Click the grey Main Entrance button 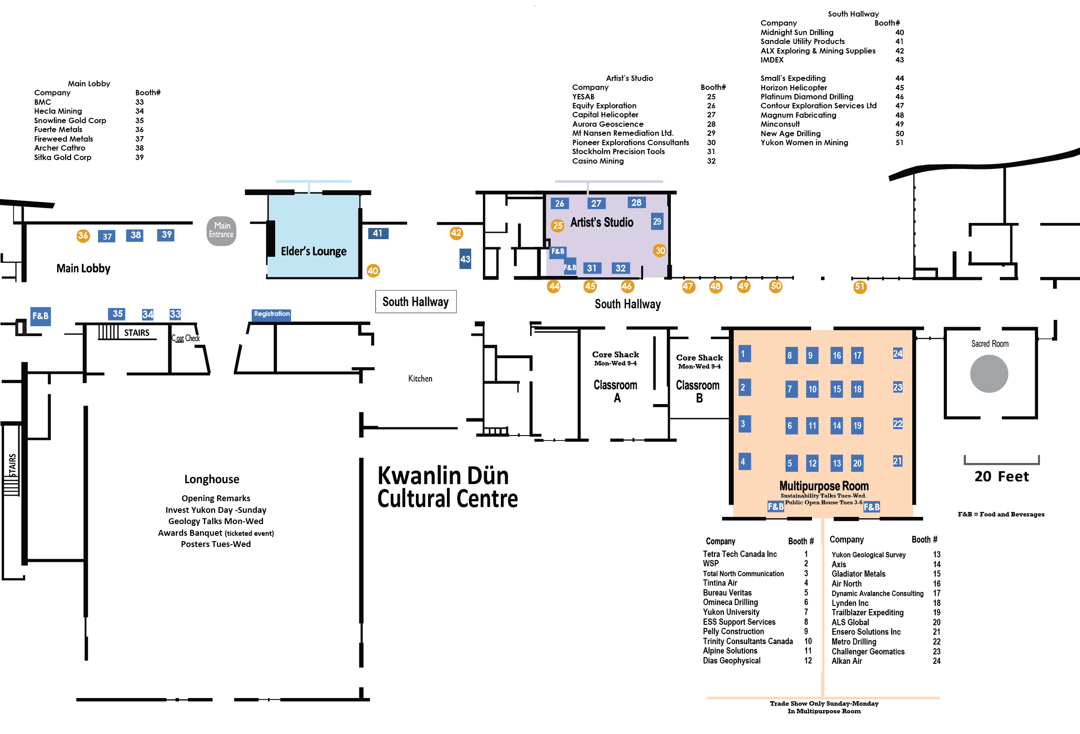(x=221, y=231)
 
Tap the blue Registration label (x=272, y=314)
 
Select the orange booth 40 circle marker (x=373, y=271)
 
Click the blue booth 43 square (x=465, y=259)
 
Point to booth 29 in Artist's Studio (x=656, y=222)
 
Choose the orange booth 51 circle (x=860, y=287)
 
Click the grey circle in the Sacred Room (x=989, y=374)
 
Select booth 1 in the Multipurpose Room (x=745, y=354)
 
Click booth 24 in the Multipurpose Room (x=897, y=354)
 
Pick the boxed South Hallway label (x=415, y=302)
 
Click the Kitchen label (x=420, y=379)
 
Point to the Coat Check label (x=186, y=338)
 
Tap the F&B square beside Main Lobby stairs (x=40, y=316)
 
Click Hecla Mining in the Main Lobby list (x=58, y=111)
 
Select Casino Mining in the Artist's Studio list (x=598, y=161)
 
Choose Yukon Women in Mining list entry (x=804, y=142)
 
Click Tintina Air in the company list (x=720, y=583)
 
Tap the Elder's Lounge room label (x=314, y=251)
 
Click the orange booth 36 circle (x=83, y=236)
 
